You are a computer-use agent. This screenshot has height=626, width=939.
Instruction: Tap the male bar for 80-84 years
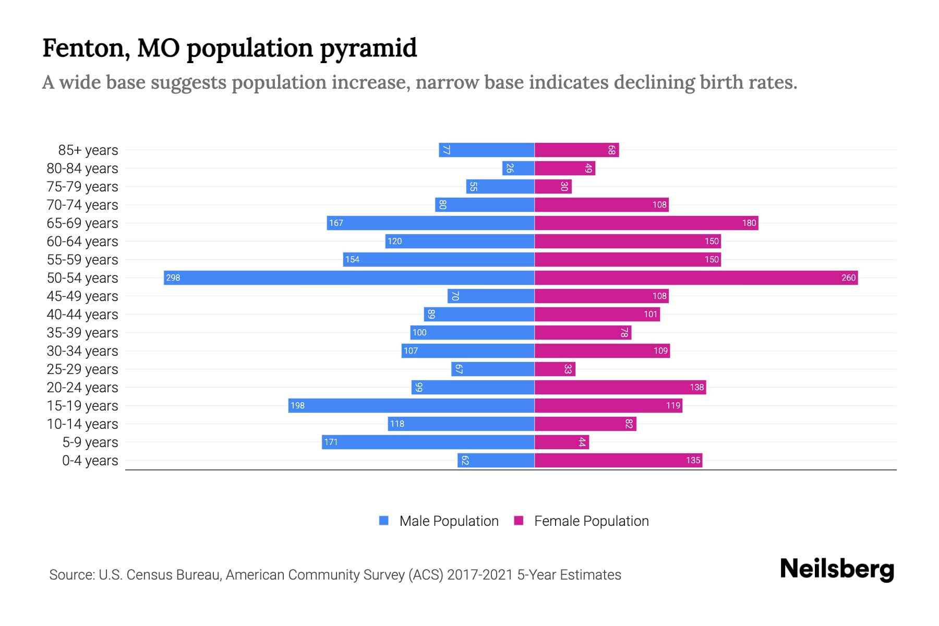coord(519,168)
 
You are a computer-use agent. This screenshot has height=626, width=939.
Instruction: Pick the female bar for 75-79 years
coord(553,186)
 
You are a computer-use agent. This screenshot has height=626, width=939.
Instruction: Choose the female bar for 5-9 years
coord(561,442)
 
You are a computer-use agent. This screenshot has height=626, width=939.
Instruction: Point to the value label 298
coord(173,278)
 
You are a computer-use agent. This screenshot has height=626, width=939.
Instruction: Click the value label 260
coord(848,278)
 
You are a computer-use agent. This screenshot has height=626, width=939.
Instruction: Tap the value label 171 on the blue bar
coord(331,442)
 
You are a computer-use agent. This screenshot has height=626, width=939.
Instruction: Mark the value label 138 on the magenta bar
coord(696,387)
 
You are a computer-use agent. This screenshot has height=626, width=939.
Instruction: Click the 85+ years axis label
coord(88,150)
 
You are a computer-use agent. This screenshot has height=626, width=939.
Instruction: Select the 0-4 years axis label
coord(90,461)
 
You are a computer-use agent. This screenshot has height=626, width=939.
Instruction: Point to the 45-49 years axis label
coord(82,296)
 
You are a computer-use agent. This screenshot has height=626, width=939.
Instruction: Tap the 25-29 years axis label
coord(82,369)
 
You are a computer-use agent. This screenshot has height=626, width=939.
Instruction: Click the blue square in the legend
coord(384,521)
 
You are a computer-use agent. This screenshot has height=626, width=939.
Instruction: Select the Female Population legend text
coord(591,521)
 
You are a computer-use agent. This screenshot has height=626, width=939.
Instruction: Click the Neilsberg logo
coord(837,569)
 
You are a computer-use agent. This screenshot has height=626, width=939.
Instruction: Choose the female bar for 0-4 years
coord(618,460)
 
